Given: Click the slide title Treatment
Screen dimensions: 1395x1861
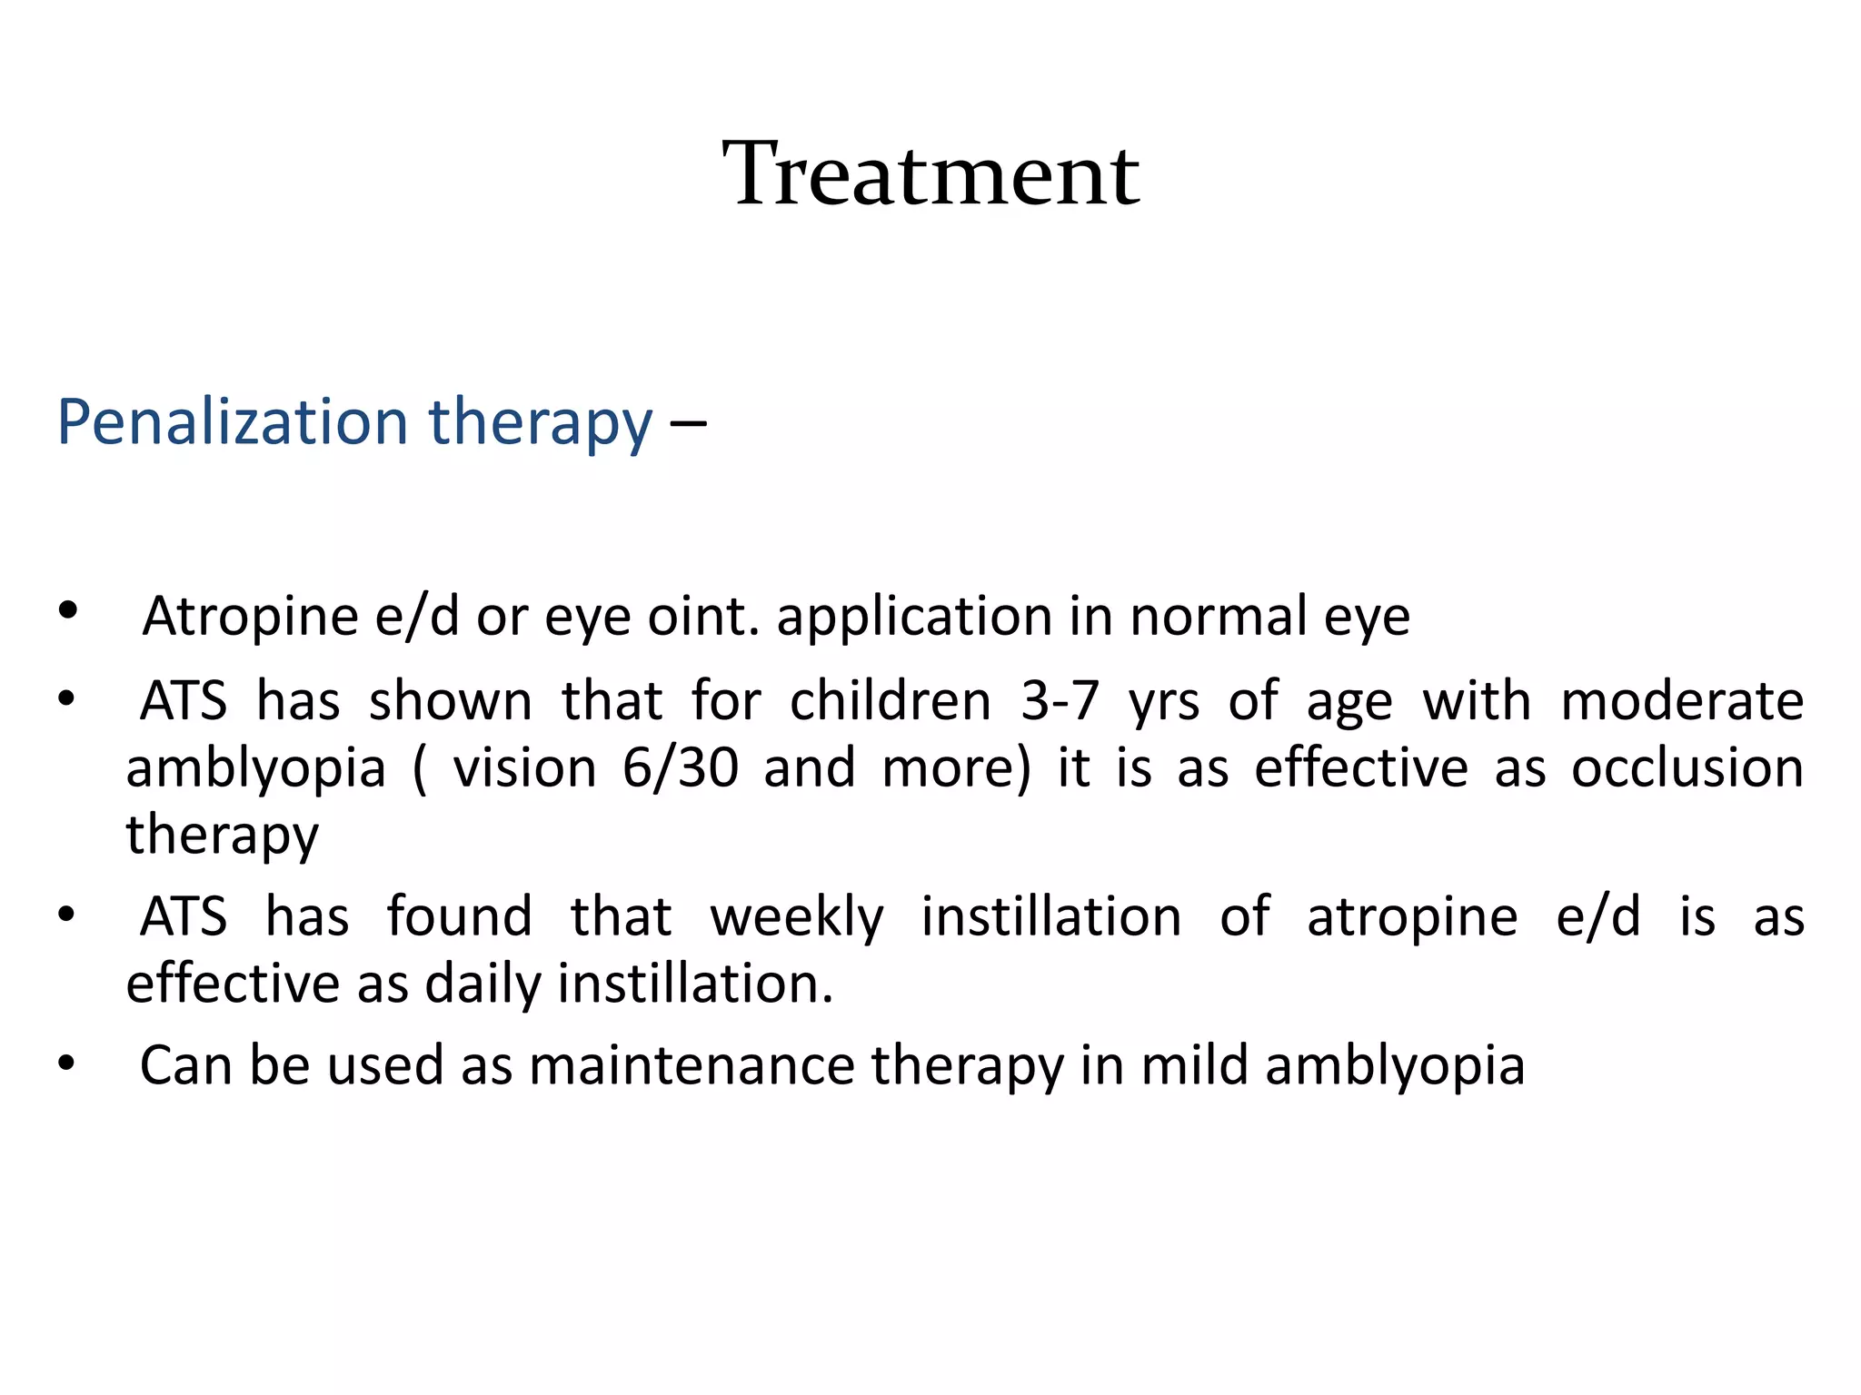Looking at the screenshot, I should click(x=930, y=174).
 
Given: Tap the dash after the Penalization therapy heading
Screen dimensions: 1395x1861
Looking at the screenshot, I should click(x=688, y=424).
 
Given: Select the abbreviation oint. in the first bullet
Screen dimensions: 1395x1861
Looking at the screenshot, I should click(x=703, y=617).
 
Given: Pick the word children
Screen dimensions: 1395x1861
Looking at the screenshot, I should click(x=891, y=702).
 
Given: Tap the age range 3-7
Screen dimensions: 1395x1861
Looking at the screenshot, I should click(x=1060, y=702).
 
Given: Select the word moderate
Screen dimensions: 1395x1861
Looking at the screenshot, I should click(x=1682, y=702).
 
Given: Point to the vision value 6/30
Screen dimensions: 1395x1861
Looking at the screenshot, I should click(x=681, y=768).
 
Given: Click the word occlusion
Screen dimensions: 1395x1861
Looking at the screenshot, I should click(x=1687, y=768).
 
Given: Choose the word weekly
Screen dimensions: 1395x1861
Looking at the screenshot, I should click(x=797, y=917).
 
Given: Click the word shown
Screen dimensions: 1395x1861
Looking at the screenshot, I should click(x=451, y=702).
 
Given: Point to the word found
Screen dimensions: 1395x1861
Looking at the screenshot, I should click(x=460, y=917).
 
